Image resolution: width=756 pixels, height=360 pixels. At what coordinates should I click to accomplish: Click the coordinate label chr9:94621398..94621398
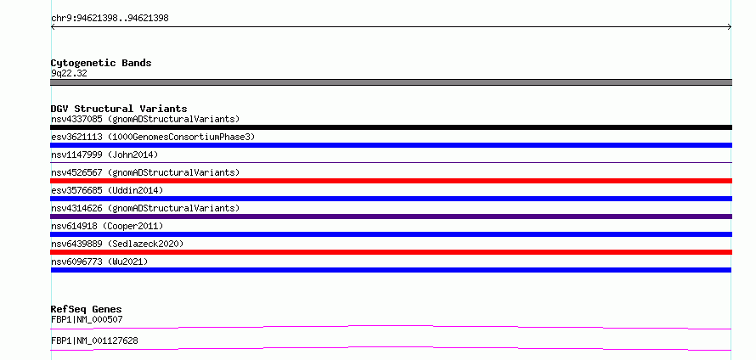110,19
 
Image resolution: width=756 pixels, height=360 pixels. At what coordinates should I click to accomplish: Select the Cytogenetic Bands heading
101,63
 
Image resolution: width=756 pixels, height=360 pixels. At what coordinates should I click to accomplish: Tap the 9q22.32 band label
69,74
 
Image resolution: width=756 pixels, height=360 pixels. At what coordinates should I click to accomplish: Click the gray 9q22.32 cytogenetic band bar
391,82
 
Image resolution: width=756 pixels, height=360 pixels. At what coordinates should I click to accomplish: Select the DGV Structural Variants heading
119,109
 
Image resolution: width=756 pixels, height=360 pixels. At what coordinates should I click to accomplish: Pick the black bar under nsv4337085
391,127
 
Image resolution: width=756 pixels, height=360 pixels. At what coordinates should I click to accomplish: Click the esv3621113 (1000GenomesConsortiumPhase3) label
153,137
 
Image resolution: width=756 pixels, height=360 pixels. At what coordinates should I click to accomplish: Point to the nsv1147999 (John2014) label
104,155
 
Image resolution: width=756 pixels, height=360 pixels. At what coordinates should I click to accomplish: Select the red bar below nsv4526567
391,181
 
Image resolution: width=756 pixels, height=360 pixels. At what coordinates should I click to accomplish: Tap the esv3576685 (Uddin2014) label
107,190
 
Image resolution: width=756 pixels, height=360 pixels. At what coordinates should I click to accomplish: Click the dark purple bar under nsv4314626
391,217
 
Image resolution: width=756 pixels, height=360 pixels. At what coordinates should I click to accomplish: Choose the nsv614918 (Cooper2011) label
107,226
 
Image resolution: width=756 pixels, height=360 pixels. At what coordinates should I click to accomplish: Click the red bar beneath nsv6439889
391,252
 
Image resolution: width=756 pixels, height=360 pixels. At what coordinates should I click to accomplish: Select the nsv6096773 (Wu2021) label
99,262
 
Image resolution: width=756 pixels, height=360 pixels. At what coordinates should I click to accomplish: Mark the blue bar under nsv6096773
391,270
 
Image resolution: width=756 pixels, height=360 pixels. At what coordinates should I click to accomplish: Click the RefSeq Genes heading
87,309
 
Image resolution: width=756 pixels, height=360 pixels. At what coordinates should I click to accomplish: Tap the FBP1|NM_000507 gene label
87,319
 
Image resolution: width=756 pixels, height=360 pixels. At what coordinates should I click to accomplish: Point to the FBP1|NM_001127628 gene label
94,340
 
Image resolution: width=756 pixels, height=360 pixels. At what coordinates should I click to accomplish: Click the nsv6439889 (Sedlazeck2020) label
117,244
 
